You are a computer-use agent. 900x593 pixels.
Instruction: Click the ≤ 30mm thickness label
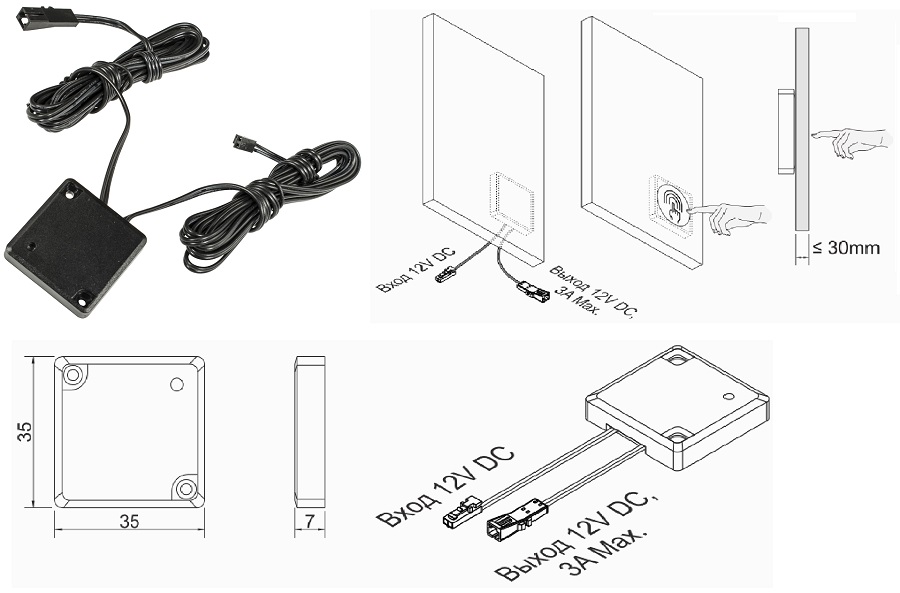pos(846,248)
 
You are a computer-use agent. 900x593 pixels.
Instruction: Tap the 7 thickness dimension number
pos(311,520)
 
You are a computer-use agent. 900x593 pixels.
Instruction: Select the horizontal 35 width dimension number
pos(128,521)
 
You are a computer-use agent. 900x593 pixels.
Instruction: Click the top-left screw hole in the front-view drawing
pos(73,376)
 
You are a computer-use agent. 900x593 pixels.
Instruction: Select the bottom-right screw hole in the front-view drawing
pos(185,487)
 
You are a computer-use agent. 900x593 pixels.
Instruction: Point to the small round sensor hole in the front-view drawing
pos(177,384)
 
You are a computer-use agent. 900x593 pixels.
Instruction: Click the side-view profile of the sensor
pos(311,430)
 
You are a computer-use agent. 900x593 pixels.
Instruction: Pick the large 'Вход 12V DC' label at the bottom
pos(446,486)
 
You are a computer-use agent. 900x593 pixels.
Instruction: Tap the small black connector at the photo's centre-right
pos(241,142)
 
